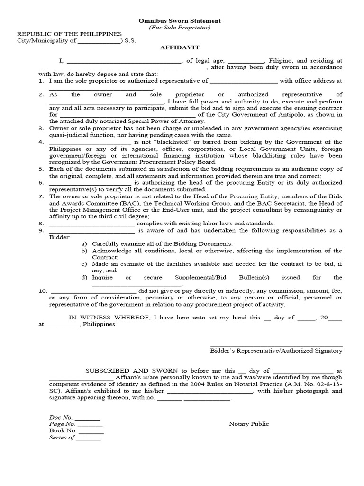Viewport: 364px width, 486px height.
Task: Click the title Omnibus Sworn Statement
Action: pyautogui.click(x=179, y=21)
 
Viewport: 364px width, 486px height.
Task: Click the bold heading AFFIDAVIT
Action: pyautogui.click(x=179, y=48)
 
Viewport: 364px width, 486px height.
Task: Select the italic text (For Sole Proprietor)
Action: pyautogui.click(x=179, y=28)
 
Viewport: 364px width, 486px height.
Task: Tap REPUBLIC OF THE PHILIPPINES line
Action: pyautogui.click(x=70, y=34)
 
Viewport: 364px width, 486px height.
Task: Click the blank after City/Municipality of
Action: pyautogui.click(x=99, y=41)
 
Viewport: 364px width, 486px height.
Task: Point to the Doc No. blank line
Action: pyautogui.click(x=87, y=417)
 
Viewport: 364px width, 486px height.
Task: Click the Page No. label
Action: pyautogui.click(x=62, y=424)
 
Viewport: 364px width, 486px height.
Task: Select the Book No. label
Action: pyautogui.click(x=62, y=430)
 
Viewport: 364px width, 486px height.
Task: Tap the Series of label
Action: pyautogui.click(x=62, y=438)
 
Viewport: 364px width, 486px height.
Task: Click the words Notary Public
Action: pyautogui.click(x=249, y=424)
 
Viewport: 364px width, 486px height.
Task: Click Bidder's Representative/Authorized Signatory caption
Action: pyautogui.click(x=276, y=351)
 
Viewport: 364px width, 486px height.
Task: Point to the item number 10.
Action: pyautogui.click(x=43, y=291)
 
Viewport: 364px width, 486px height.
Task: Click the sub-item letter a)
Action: pyautogui.click(x=84, y=243)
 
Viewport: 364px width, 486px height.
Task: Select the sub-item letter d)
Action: pyautogui.click(x=84, y=278)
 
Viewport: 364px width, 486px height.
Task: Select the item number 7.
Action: pyautogui.click(x=41, y=196)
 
